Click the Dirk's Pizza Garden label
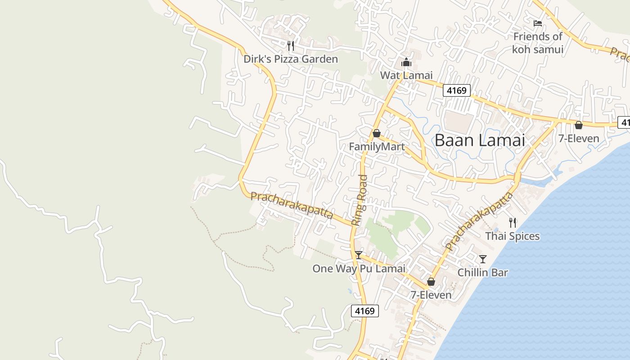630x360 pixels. click(x=290, y=59)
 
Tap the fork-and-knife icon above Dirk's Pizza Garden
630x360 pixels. click(x=291, y=45)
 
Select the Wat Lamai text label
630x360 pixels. click(x=406, y=75)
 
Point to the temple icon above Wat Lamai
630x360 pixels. click(x=406, y=62)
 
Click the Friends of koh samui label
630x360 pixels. click(x=538, y=43)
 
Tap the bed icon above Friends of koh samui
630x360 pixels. click(x=537, y=23)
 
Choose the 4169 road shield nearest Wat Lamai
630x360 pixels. click(x=457, y=90)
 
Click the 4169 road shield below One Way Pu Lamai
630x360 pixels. click(x=364, y=311)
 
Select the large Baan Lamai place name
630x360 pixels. click(x=480, y=140)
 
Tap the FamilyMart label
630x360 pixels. click(x=377, y=147)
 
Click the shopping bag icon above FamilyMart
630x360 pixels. click(x=377, y=134)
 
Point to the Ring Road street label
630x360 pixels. click(x=360, y=200)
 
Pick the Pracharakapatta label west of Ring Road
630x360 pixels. click(x=292, y=205)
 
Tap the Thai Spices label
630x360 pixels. click(x=512, y=236)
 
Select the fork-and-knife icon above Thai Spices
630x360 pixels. click(x=512, y=222)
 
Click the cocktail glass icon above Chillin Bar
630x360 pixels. click(x=483, y=259)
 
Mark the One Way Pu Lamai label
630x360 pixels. click(x=359, y=269)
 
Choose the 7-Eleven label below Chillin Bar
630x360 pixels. click(x=431, y=295)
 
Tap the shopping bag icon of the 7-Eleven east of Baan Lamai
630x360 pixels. click(x=579, y=125)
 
